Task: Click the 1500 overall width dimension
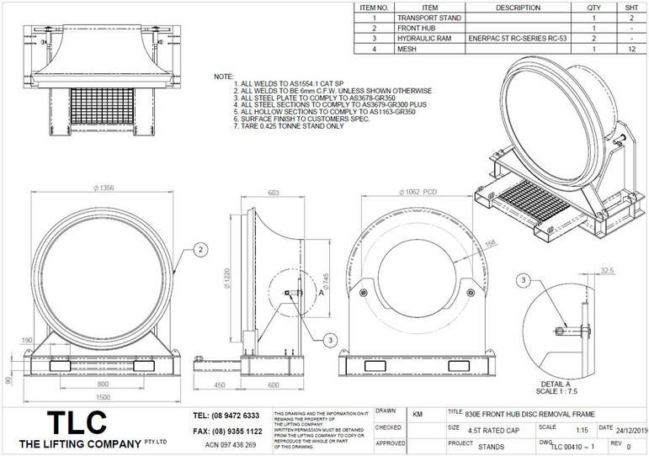click(x=103, y=396)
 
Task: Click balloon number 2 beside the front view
click(x=199, y=249)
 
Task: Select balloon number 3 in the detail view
click(x=524, y=279)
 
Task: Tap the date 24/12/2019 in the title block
click(x=628, y=427)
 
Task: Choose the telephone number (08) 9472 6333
click(x=226, y=416)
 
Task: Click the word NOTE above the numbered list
click(x=223, y=77)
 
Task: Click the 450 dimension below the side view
click(x=219, y=386)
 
